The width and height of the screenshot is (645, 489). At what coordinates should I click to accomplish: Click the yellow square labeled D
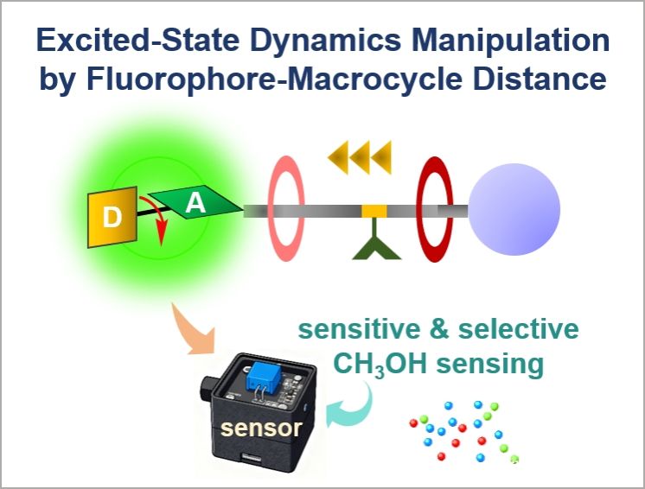112,217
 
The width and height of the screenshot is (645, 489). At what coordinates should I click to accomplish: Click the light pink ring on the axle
286,208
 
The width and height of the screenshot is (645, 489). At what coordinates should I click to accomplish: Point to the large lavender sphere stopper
514,209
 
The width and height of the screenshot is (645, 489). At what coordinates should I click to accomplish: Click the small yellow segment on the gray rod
374,211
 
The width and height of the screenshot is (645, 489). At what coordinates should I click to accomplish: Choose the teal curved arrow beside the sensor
352,407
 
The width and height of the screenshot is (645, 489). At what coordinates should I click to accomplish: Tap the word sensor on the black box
261,429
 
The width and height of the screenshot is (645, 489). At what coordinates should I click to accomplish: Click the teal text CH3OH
380,364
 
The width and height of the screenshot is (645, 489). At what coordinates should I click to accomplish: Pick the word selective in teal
518,329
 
